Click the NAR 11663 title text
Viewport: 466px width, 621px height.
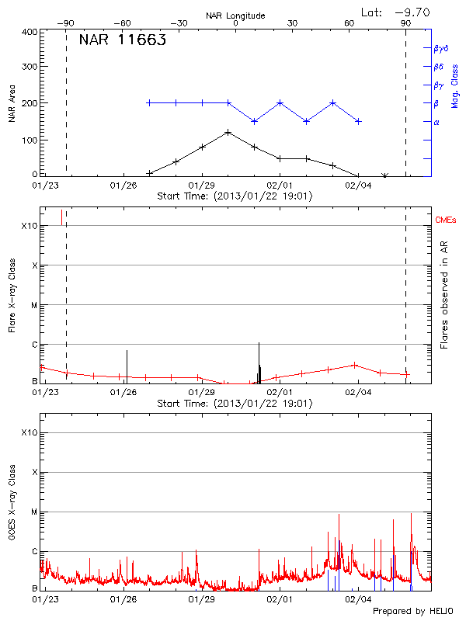click(x=122, y=41)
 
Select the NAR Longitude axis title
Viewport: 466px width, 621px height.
click(x=235, y=16)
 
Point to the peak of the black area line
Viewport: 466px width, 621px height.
click(x=228, y=132)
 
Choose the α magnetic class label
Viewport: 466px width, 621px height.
click(x=436, y=122)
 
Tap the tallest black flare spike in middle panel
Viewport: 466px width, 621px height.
click(x=259, y=343)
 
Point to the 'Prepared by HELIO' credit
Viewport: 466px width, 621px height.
click(x=412, y=612)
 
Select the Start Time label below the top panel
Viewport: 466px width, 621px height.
click(x=235, y=196)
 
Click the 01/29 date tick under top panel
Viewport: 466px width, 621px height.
click(x=202, y=186)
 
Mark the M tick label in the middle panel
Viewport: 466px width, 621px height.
click(x=34, y=305)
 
